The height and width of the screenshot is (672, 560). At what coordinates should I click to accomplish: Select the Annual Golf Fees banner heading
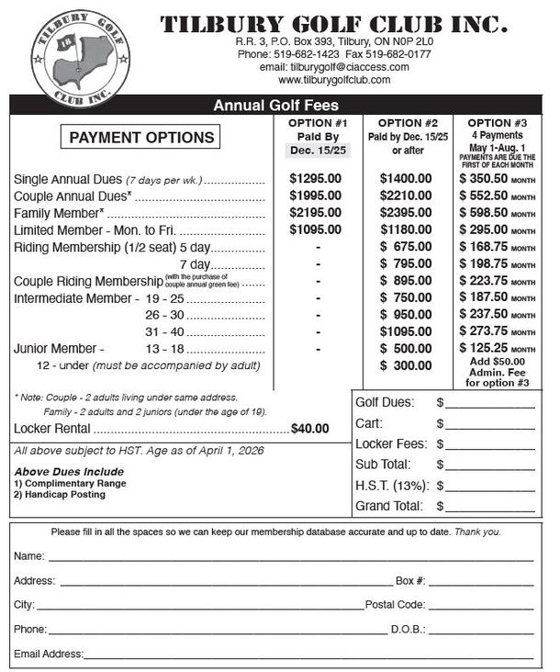275,106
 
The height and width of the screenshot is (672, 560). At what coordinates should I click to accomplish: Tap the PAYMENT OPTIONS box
141,138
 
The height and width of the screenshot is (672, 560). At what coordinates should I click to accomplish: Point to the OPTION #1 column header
315,123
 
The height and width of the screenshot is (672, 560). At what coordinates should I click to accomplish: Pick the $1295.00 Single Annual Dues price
315,178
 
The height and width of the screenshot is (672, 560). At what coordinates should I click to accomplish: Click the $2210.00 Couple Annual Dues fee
406,195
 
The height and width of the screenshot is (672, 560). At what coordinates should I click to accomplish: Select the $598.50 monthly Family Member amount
497,212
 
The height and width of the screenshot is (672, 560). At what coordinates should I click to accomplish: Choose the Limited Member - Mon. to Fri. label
95,230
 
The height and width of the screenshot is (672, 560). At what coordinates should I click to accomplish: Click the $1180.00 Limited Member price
406,230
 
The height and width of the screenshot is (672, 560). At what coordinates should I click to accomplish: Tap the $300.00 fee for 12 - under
406,365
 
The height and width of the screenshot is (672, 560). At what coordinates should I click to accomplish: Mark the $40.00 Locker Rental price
309,429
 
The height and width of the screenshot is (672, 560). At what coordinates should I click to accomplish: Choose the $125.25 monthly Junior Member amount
497,349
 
